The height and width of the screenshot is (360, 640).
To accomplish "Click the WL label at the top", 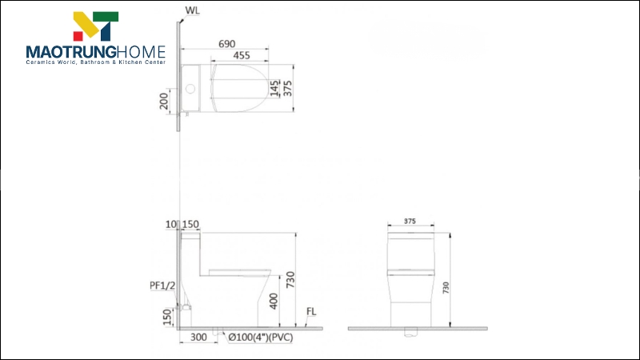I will coord(193,11).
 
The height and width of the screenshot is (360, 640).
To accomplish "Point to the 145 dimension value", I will coord(274,87).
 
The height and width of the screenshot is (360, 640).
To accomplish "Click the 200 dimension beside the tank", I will coord(164,101).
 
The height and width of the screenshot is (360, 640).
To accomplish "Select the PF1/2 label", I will coord(162,286).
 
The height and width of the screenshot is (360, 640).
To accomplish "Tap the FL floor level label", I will coord(314,314).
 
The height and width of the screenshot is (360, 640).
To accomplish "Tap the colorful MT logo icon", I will coord(95,26).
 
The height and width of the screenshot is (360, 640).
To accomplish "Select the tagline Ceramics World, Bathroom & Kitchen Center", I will coord(95,62).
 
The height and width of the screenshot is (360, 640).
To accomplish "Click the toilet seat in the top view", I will coord(240,87).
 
